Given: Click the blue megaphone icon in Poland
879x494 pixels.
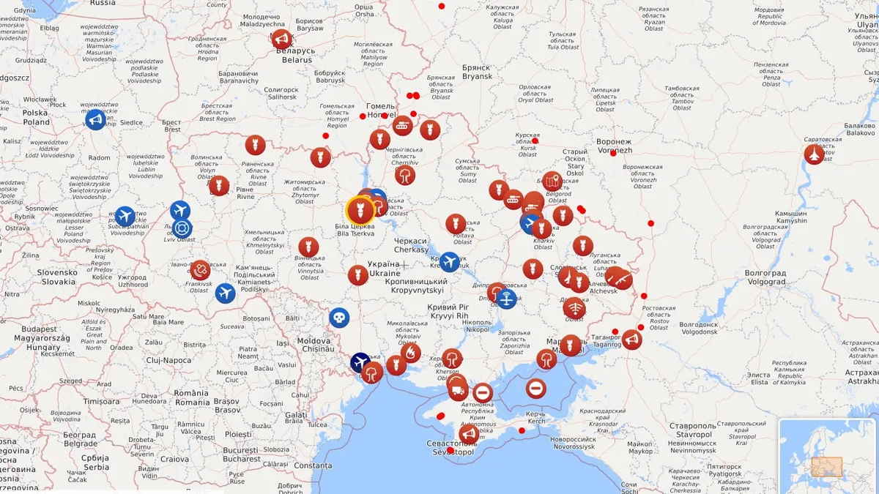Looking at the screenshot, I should [95, 119].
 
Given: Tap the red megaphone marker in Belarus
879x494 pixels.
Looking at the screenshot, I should [281, 39].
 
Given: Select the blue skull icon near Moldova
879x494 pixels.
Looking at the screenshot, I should [338, 318].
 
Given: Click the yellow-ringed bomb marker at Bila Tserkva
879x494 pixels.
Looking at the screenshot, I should [360, 211].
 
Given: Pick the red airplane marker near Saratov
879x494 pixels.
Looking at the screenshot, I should [814, 154].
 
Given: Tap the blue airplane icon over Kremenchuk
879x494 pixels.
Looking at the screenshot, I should [449, 262].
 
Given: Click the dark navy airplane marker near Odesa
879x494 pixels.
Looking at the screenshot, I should [360, 362].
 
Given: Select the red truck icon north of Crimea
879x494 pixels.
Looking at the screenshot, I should [458, 389].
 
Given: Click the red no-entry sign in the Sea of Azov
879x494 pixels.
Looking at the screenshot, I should [535, 388].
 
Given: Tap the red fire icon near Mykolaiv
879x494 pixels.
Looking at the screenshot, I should [411, 353].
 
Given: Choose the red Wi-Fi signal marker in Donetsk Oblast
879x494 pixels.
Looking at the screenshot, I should [574, 308].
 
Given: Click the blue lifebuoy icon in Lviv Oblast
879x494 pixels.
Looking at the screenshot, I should [182, 228].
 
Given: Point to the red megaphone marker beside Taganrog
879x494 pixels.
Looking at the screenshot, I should [631, 340].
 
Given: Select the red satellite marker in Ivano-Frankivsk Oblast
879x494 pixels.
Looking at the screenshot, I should [199, 270].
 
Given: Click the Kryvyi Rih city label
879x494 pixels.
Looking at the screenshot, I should [448, 312].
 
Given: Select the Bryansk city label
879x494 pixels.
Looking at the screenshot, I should [476, 72].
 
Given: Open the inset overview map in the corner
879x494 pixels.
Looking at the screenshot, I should [827, 455].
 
